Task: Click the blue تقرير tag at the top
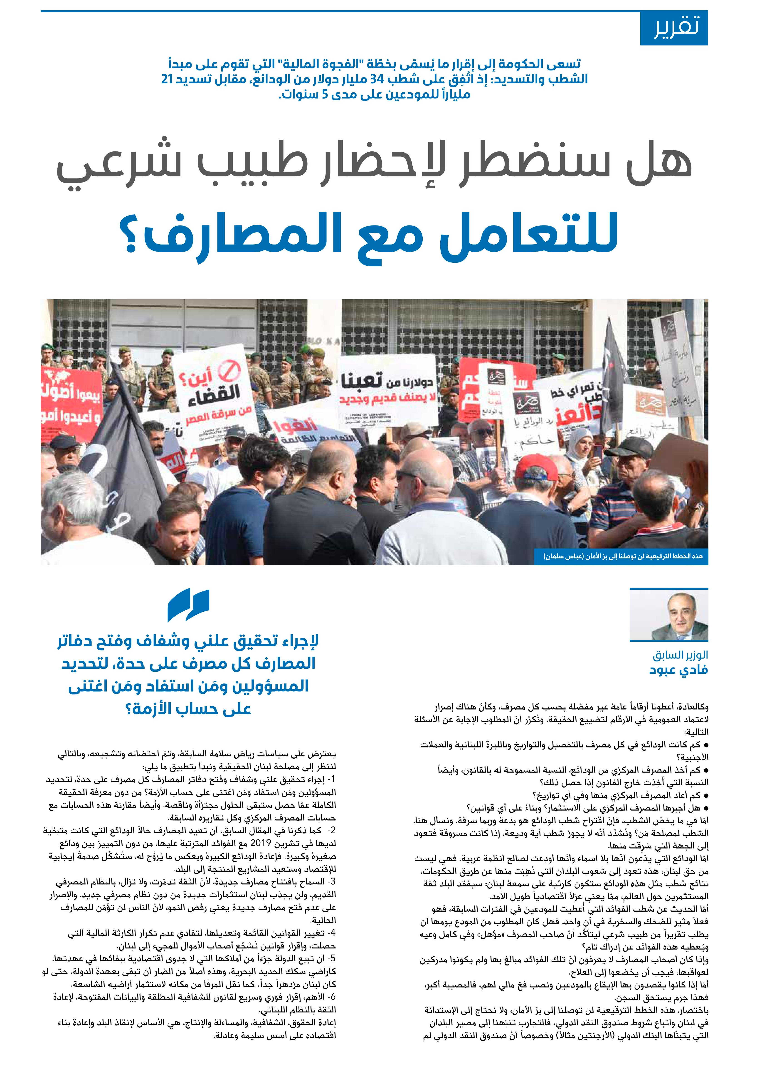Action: click(674, 29)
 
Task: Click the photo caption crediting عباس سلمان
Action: click(622, 556)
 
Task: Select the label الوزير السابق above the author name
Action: click(680, 655)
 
